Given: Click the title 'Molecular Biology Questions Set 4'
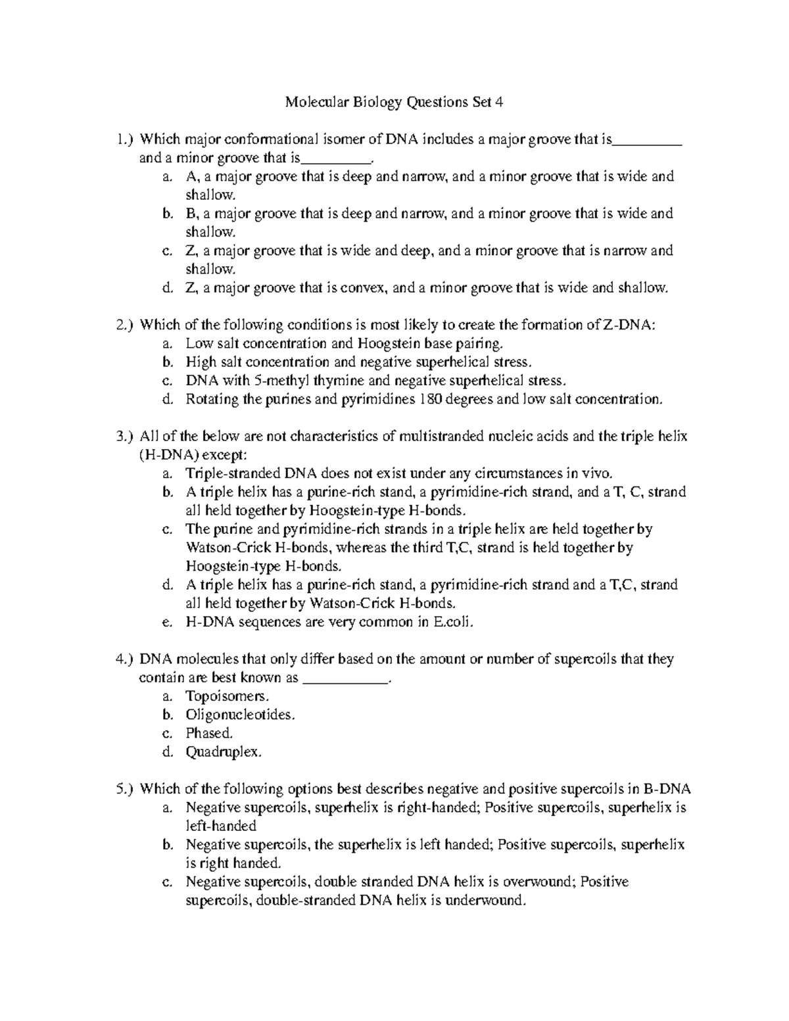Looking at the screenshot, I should [394, 102].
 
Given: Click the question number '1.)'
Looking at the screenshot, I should [124, 139].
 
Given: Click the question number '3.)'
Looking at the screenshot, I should [124, 437].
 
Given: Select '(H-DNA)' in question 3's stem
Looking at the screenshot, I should [168, 455].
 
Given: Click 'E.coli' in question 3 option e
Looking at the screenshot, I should [452, 622].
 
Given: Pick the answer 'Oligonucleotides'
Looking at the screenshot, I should [238, 715].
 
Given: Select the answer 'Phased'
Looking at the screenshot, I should [208, 733].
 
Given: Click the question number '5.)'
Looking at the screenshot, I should [124, 789].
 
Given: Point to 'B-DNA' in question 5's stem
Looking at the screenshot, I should [666, 789].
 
